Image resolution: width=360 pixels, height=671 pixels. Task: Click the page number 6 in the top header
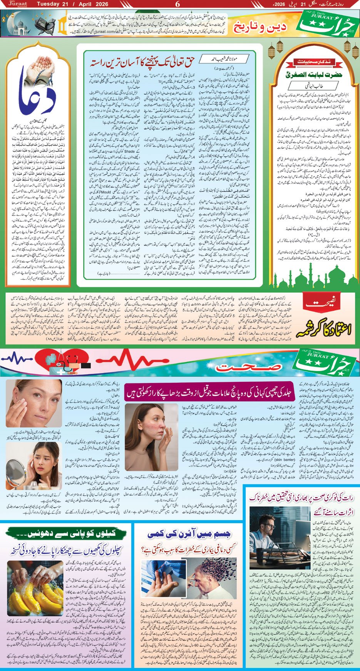pos(177,4)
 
